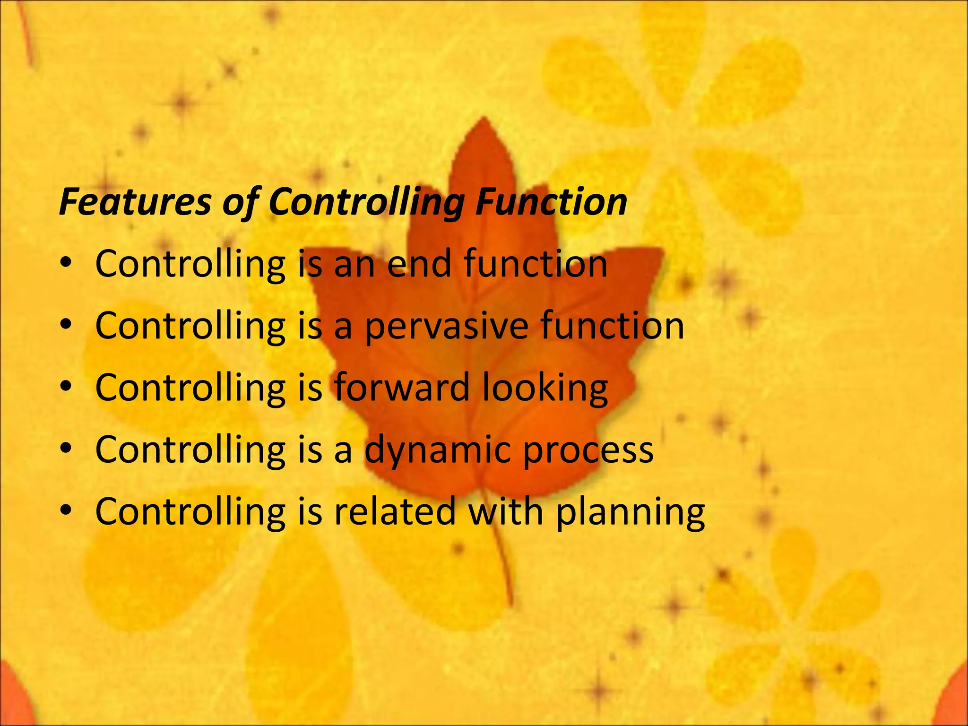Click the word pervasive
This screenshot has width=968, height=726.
tap(446, 326)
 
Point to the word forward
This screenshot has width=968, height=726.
tap(402, 387)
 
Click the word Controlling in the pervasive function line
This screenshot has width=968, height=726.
tap(190, 326)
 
